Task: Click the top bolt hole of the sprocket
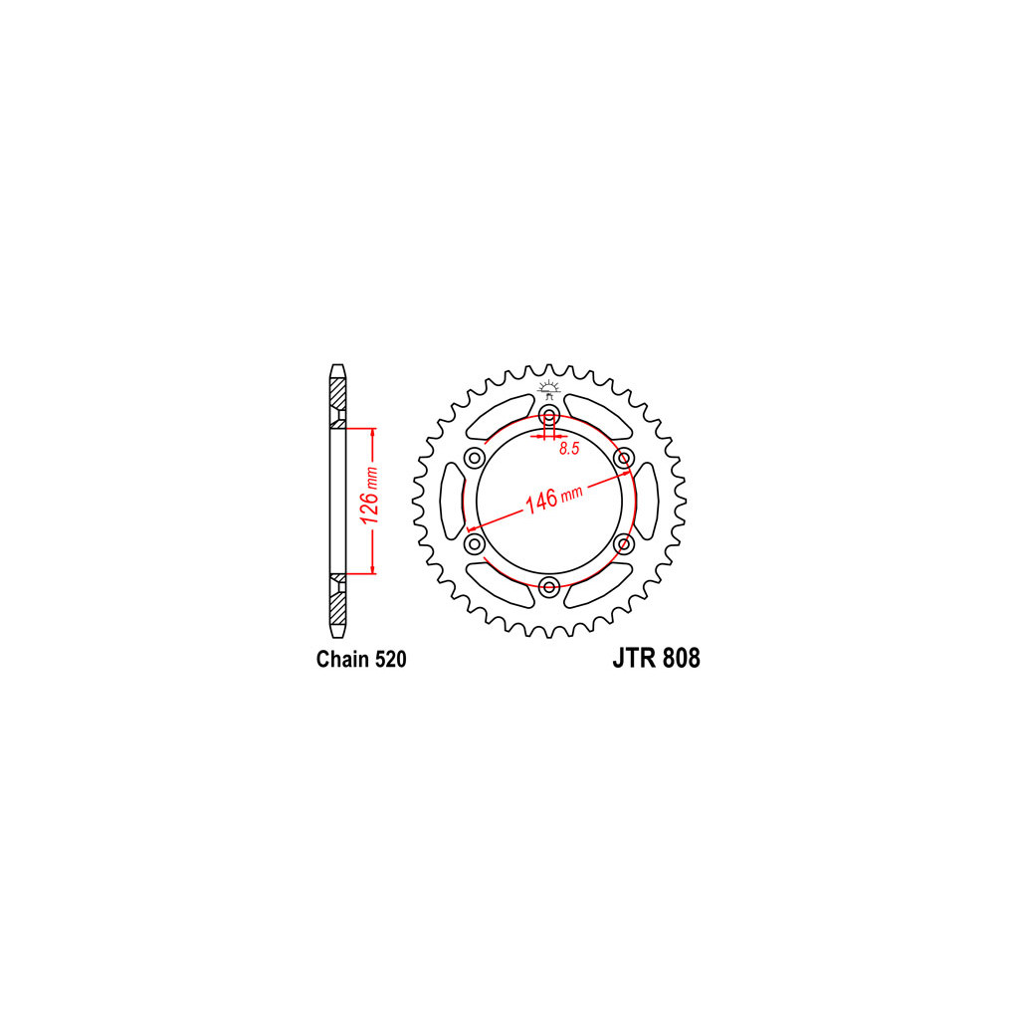coord(549,415)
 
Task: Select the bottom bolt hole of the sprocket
coord(549,587)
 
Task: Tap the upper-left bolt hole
coord(475,458)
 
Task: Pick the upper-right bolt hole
coord(624,458)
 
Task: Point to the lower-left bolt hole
coord(475,543)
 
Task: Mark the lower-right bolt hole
coord(624,543)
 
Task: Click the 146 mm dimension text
coord(553,499)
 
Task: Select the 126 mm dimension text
coord(368,496)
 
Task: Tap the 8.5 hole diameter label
coord(569,449)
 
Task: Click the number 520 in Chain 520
coord(390,659)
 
